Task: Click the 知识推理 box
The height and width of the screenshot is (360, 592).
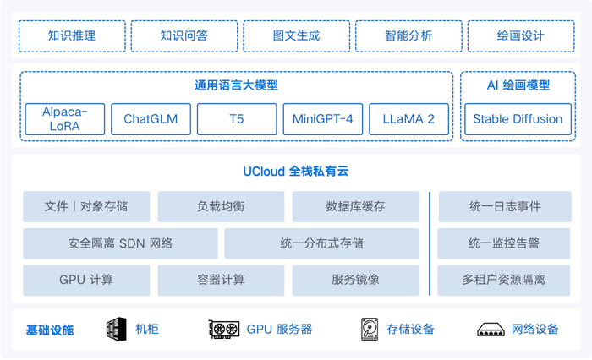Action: [x=72, y=36]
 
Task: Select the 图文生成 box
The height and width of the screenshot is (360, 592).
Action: [x=296, y=36]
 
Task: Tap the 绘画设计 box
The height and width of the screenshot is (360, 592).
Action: [x=521, y=36]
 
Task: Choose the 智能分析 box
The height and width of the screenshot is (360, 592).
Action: [x=408, y=36]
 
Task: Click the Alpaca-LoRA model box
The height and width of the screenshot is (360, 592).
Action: [x=65, y=119]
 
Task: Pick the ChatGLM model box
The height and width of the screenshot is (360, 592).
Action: [x=151, y=119]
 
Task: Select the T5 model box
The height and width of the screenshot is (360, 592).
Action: [x=237, y=119]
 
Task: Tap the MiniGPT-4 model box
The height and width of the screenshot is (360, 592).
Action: [x=322, y=119]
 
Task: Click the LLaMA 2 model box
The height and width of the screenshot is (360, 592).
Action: [x=408, y=119]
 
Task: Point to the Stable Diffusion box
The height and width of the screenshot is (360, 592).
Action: [x=518, y=119]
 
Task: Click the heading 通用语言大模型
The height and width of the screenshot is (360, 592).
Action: [x=236, y=85]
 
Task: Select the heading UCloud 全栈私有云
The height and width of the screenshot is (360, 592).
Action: [x=296, y=172]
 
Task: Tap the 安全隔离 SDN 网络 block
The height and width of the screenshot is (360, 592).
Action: [x=120, y=243]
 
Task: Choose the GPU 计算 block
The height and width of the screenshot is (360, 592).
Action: [x=86, y=280]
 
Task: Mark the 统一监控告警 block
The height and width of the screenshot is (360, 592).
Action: [x=504, y=243]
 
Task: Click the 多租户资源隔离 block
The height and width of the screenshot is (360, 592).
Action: [x=504, y=280]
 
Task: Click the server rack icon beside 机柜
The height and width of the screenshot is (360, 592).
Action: [x=116, y=330]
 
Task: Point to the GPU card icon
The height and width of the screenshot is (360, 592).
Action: [x=224, y=330]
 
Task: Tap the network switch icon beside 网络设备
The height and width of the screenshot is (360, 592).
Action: [x=491, y=330]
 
